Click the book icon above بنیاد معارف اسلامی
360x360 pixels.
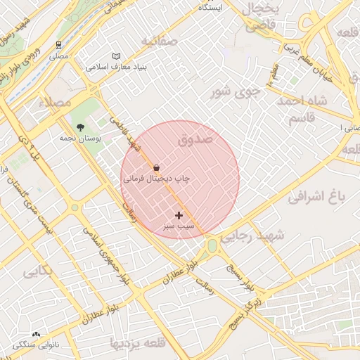[116, 56]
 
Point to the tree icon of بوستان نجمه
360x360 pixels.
[80, 127]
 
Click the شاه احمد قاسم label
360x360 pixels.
[302, 109]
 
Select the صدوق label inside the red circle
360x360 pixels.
[195, 140]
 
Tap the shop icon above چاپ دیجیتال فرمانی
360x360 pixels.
[155, 168]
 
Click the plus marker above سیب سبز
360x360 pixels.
[179, 215]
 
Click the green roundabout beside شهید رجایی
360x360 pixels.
[212, 245]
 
